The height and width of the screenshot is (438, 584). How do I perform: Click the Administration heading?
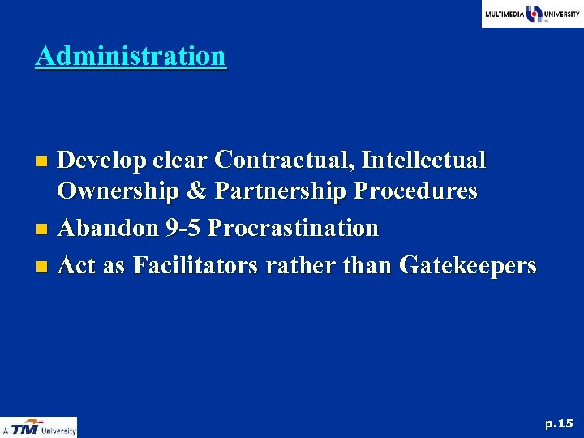[131, 56]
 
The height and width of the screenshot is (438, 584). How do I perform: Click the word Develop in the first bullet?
[101, 161]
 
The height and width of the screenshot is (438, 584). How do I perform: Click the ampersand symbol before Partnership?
[203, 192]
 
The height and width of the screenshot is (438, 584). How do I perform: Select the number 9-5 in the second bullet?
[182, 228]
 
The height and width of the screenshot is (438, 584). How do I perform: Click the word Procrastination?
[293, 228]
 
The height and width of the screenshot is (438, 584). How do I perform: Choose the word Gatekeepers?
[468, 264]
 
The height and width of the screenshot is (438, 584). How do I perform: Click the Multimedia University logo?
[532, 14]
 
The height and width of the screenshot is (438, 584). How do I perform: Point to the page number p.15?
[559, 423]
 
